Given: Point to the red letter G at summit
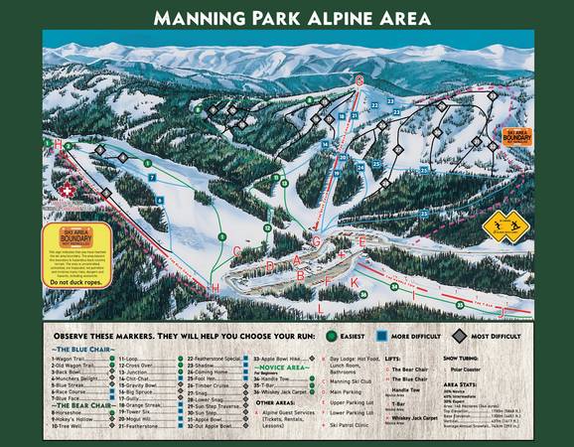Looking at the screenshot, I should coord(359,76).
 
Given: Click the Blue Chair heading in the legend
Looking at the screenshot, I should coord(78,349).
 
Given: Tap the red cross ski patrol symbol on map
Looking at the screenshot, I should coord(68,190).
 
